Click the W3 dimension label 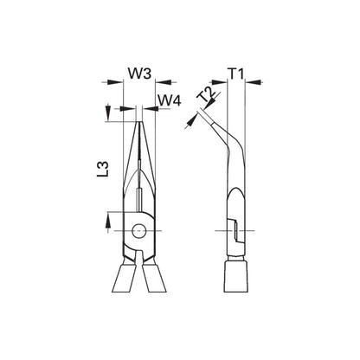[x=139, y=74]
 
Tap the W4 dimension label [x=170, y=100]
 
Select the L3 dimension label [x=103, y=169]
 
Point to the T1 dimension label [x=236, y=74]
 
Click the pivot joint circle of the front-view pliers [x=139, y=230]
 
